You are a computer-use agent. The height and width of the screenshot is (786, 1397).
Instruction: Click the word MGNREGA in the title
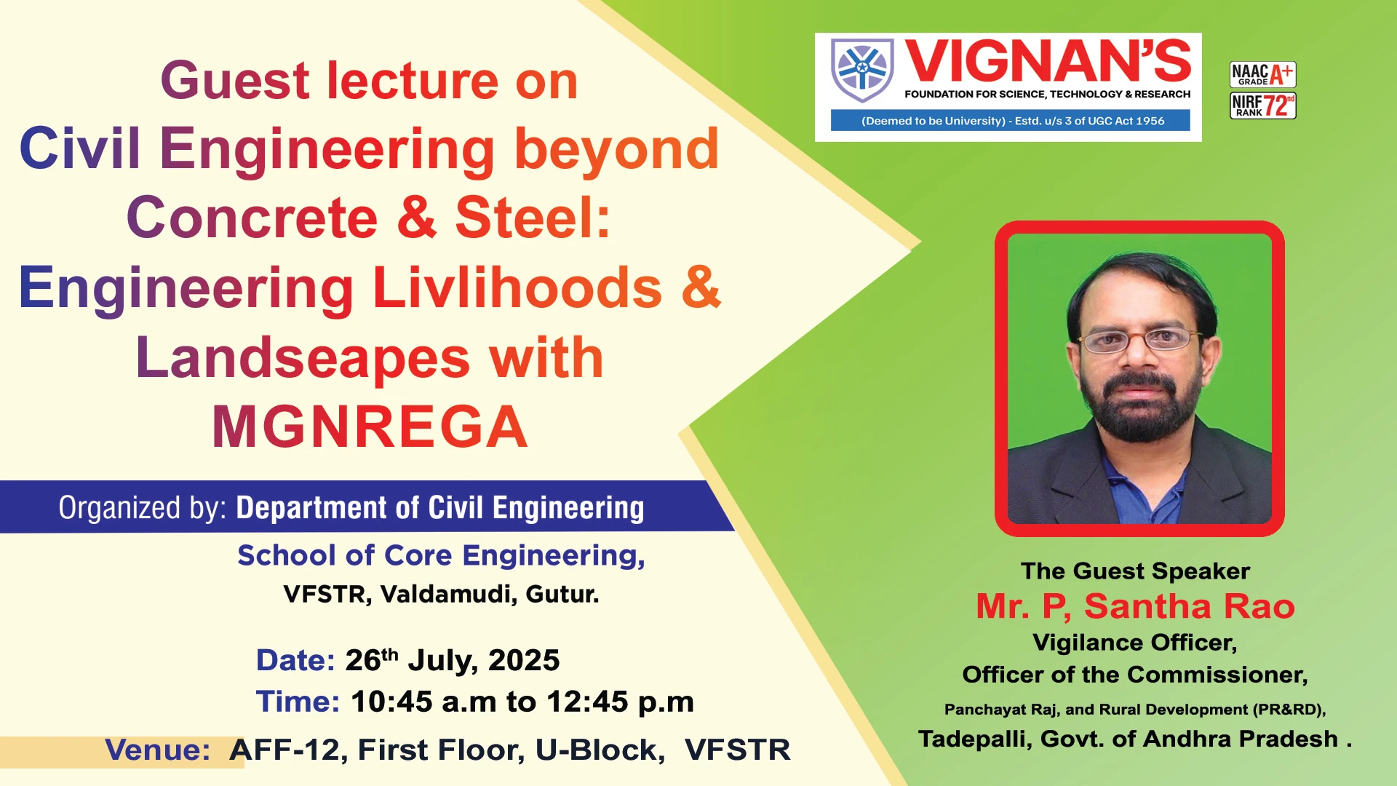(370, 427)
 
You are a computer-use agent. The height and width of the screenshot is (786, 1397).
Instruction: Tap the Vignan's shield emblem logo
(862, 70)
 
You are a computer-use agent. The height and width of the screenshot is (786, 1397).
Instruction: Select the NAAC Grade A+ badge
(1262, 74)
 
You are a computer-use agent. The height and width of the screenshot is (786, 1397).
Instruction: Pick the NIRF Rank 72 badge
(1262, 106)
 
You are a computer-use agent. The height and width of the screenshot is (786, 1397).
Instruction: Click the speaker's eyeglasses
(1141, 339)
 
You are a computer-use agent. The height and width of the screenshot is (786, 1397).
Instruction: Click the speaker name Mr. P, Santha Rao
(1135, 606)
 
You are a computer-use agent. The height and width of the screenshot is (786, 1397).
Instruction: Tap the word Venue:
(158, 750)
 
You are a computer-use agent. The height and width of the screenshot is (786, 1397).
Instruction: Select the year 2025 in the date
(524, 660)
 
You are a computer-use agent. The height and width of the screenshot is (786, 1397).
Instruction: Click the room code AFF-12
(284, 750)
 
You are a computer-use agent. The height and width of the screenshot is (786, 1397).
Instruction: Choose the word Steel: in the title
(533, 218)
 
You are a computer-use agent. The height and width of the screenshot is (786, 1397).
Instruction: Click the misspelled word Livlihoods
(517, 287)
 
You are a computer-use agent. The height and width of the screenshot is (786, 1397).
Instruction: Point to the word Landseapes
(303, 358)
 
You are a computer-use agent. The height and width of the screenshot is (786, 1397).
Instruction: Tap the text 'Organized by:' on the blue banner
(143, 508)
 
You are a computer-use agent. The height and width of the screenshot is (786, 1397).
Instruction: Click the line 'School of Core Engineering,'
(441, 555)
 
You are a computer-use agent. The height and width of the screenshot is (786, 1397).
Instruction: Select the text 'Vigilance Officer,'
(1135, 643)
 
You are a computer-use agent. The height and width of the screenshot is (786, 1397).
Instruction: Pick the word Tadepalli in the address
(975, 739)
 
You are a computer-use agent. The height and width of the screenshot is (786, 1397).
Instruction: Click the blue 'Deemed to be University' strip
(1011, 121)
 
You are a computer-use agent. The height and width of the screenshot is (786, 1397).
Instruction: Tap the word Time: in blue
(298, 702)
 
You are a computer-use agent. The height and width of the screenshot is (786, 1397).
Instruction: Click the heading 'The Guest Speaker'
(1135, 571)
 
